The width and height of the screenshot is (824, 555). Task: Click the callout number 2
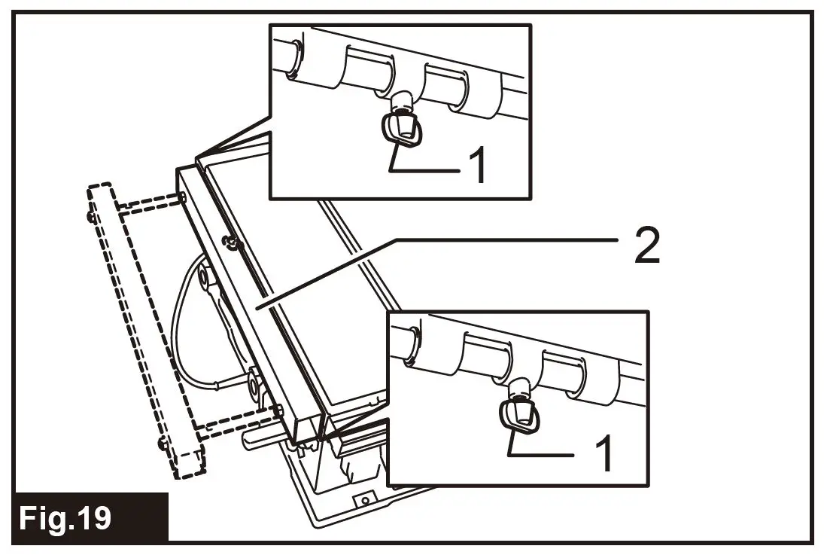[x=646, y=246]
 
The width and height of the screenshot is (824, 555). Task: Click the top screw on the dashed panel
[x=91, y=218]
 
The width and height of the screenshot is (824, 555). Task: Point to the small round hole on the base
[x=365, y=499]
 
